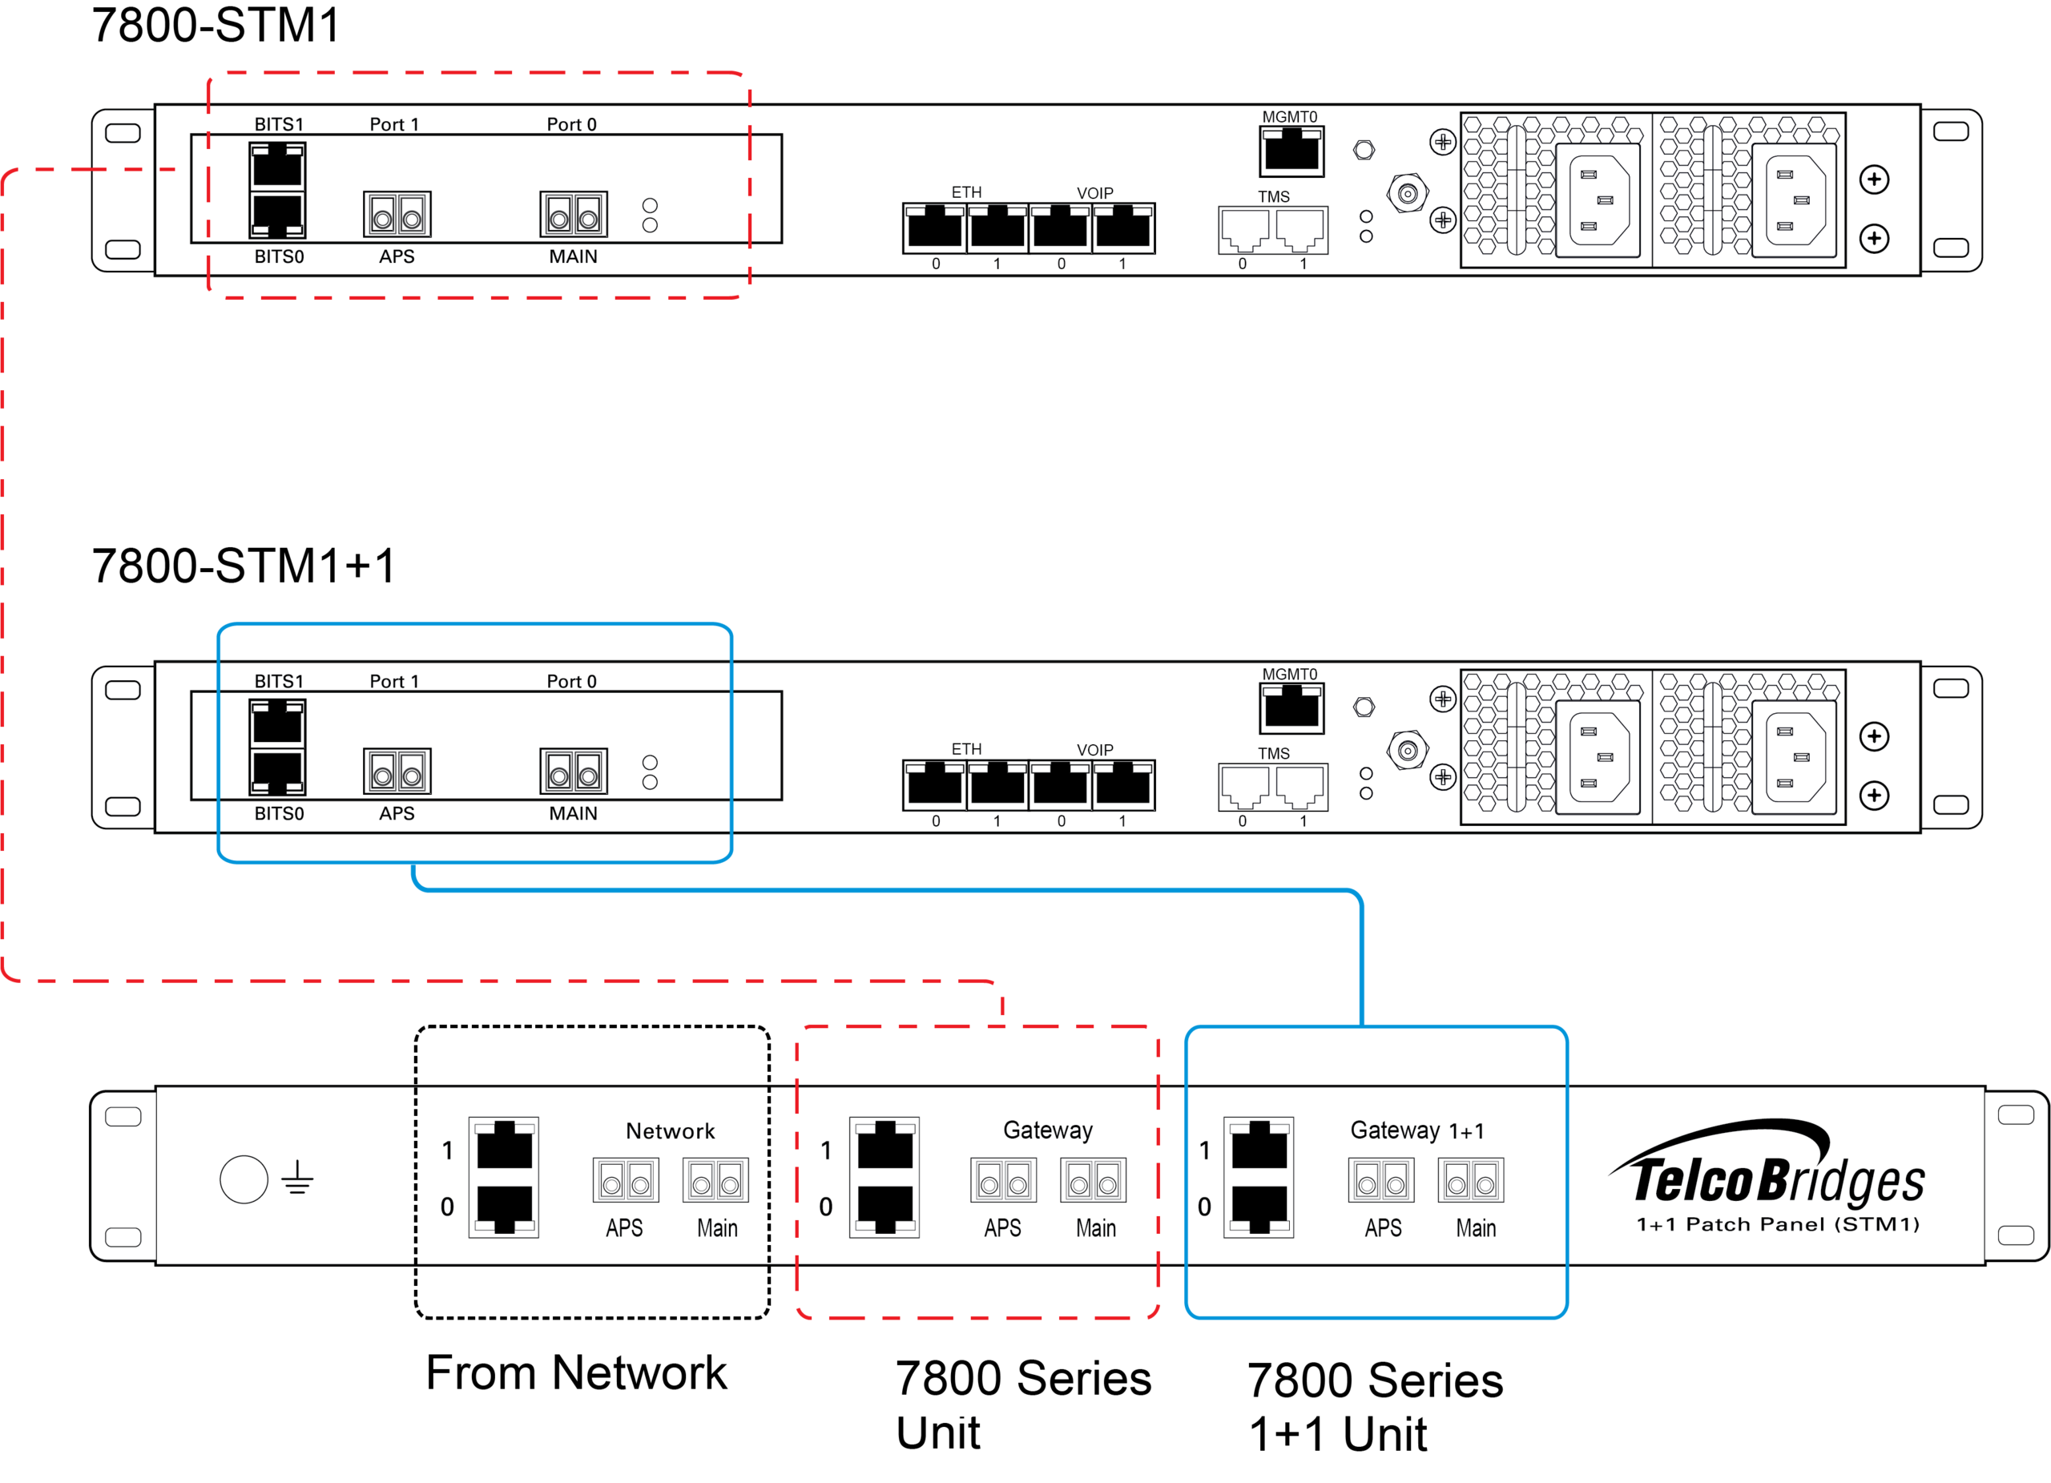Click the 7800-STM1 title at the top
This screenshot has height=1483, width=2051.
(216, 26)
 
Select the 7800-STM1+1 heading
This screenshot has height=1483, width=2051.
(244, 566)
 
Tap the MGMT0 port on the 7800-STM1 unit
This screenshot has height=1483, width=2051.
(1291, 151)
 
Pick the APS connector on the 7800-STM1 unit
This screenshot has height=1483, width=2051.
(397, 214)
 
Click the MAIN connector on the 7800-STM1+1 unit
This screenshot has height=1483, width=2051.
(574, 772)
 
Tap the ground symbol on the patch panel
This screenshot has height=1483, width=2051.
(296, 1179)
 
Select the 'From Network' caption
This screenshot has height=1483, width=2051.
(576, 1372)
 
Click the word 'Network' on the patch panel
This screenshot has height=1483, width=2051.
(670, 1131)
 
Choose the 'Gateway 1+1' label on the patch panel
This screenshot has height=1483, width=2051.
(1417, 1130)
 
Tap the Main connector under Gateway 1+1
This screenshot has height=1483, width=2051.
(1471, 1180)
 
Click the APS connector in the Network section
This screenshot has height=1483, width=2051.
(626, 1180)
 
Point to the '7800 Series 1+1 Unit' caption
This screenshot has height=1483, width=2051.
(1375, 1407)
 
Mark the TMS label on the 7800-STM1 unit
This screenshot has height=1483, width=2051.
(1273, 196)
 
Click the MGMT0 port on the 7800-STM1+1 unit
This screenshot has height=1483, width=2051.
(1291, 708)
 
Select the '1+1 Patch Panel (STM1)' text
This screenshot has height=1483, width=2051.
(1777, 1224)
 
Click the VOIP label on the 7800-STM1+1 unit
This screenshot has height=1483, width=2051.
(1094, 750)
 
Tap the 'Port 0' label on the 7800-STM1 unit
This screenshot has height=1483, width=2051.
(571, 125)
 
